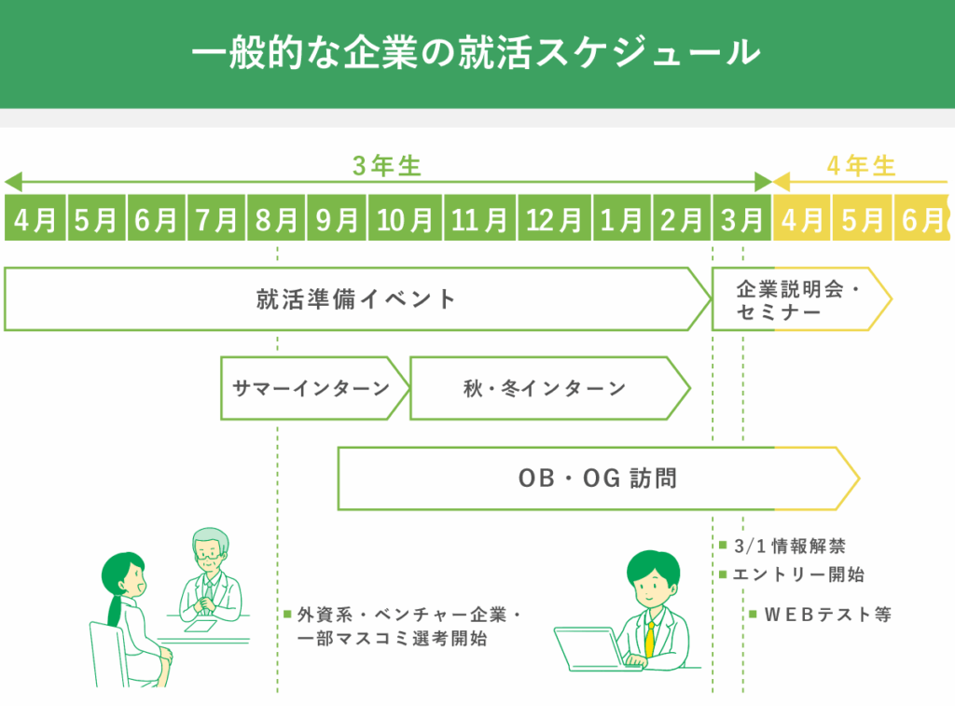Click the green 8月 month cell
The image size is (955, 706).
276,219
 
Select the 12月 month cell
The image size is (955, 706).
554,219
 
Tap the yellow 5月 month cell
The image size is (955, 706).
862,219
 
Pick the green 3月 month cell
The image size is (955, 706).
742,219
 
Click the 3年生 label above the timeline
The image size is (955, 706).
387,167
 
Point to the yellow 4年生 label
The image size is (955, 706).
861,167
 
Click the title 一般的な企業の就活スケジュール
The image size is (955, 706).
476,52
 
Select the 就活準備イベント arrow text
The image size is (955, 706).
356,299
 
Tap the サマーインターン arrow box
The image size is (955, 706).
311,388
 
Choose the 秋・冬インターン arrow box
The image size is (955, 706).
545,388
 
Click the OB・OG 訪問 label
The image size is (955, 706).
597,478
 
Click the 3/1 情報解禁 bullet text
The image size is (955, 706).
789,546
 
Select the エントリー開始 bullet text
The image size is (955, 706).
798,574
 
